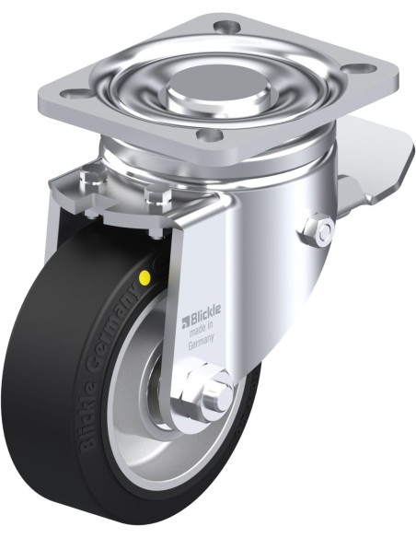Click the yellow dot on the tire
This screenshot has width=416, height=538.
click(144, 275)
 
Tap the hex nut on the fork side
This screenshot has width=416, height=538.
click(318, 231)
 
